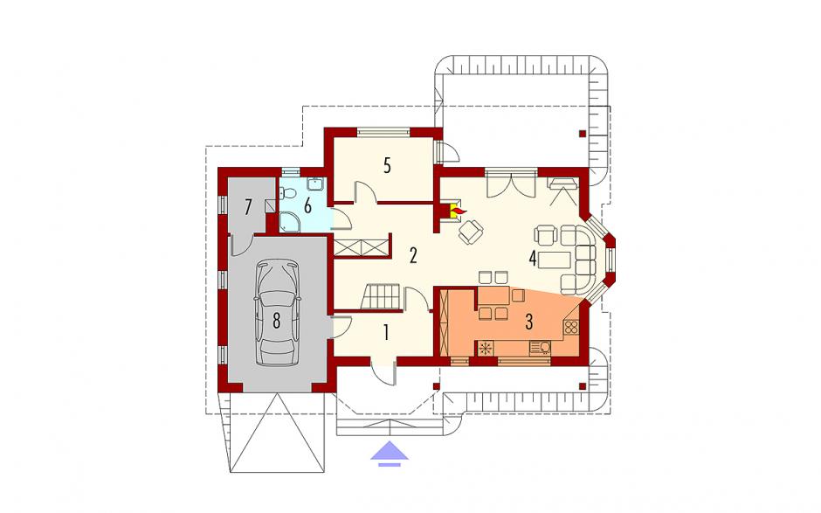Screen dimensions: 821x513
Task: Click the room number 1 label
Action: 386,332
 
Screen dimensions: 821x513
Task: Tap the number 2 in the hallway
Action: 413,256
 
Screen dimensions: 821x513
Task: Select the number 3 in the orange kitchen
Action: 528,322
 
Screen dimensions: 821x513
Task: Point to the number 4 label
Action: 533,259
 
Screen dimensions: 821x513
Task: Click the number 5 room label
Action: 387,165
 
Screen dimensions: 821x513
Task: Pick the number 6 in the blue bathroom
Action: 307,206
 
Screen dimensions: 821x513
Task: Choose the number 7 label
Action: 248,206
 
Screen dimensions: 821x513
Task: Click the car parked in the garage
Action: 277,313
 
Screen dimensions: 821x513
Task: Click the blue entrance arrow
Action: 390,454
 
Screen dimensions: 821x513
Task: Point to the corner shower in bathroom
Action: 290,222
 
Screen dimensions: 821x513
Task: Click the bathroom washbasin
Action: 315,184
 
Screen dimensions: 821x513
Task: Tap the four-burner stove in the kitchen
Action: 570,328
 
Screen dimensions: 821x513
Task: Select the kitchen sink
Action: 541,348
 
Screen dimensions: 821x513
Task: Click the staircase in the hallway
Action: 382,296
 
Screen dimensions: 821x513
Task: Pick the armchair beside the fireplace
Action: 471,232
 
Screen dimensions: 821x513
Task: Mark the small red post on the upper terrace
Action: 583,133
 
